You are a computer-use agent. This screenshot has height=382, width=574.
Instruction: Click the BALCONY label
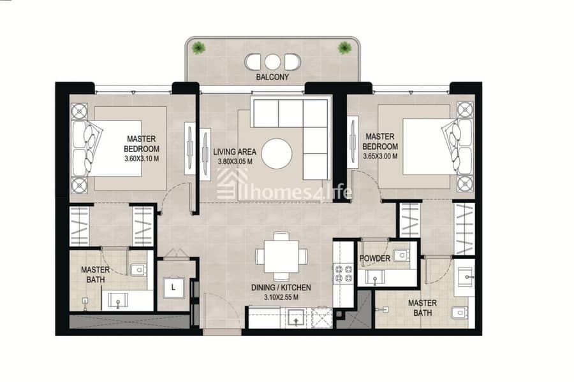point(272,77)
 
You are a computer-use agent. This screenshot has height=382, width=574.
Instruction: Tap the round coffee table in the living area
point(277,153)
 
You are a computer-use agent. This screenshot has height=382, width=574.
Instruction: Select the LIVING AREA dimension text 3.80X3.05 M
point(235,162)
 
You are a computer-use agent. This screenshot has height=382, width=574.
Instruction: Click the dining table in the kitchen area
point(281,255)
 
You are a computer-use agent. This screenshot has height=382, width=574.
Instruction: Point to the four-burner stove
point(343,274)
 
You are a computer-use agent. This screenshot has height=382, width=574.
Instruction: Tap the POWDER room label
point(374,258)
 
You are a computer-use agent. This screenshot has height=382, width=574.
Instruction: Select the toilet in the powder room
point(401,255)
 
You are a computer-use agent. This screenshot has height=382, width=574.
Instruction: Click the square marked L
point(173,288)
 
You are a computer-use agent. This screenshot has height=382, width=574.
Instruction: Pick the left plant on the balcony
point(198,48)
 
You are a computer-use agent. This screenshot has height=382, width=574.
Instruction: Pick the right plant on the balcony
point(344,48)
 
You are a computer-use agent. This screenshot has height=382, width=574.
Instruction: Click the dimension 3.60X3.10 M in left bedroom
point(142,159)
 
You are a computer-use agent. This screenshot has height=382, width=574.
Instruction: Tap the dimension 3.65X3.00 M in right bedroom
point(380,157)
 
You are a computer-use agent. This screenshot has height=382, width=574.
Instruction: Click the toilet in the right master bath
point(459,313)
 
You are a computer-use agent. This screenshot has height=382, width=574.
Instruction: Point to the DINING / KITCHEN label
point(281,288)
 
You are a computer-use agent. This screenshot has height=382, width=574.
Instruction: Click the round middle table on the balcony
point(272,62)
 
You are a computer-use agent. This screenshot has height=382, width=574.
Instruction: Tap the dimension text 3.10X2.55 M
point(281,297)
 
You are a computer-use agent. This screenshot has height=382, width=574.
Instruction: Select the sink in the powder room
point(375,278)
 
